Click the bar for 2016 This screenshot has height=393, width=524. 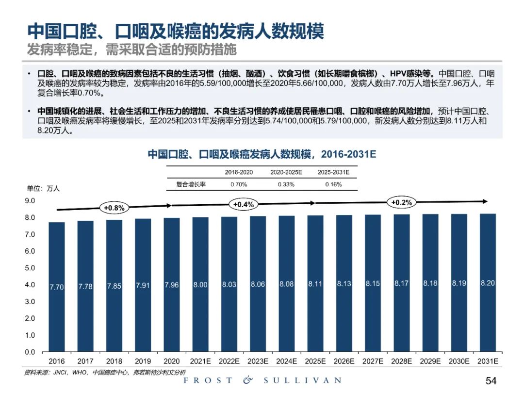[57, 286]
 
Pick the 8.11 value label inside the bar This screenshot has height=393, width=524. [315, 284]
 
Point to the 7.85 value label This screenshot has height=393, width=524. [114, 286]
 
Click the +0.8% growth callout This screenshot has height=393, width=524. [114, 208]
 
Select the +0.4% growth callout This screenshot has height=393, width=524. [244, 204]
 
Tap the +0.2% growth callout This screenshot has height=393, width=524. [401, 202]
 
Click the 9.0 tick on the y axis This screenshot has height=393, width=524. [30, 200]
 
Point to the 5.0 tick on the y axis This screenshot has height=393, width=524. [30, 268]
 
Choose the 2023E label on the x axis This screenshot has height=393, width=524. [258, 361]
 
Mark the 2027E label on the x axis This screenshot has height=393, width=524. [373, 361]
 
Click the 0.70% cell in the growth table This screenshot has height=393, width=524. [239, 184]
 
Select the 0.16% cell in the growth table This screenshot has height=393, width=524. [333, 184]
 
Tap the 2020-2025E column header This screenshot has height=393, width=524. [286, 172]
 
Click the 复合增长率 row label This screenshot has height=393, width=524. [191, 184]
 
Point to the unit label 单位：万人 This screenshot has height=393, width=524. [43, 189]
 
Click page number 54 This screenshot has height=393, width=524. [491, 380]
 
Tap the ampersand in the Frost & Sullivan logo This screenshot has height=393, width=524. [248, 380]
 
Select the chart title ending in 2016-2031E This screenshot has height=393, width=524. [262, 154]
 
